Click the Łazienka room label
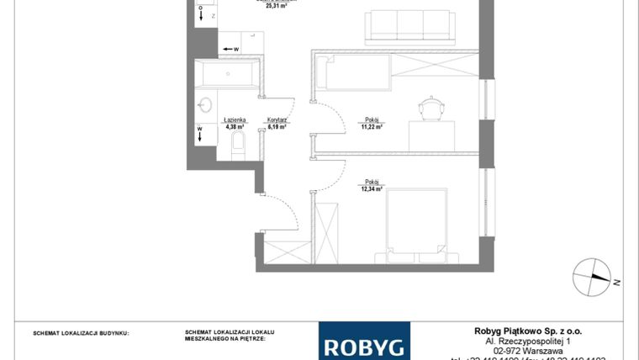(235, 120)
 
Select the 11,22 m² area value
(372, 127)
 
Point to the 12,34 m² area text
(372, 189)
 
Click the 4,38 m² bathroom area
(235, 127)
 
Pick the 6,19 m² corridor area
(277, 127)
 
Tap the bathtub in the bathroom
(230, 74)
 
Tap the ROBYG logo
(364, 344)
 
